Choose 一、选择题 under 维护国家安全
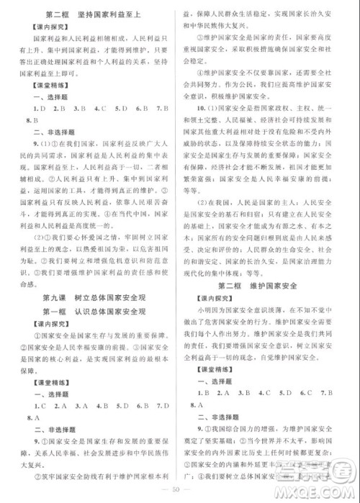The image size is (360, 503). point(213,368)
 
